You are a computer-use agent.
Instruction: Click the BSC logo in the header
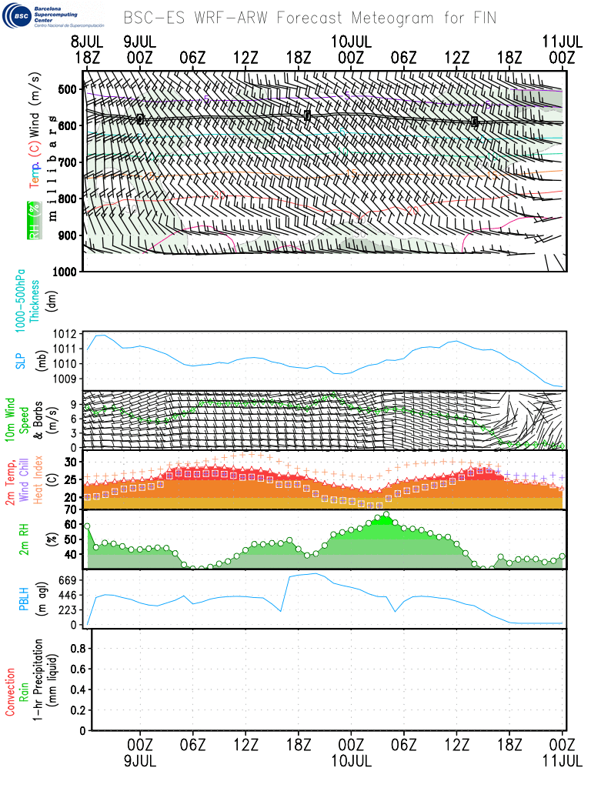click(x=17, y=16)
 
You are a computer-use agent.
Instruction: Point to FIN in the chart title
click(x=482, y=17)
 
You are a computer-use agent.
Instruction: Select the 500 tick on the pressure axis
click(x=68, y=89)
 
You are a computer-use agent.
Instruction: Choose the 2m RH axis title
click(x=24, y=540)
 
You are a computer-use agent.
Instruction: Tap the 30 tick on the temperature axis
click(x=73, y=462)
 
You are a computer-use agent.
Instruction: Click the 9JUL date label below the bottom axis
click(x=139, y=760)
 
